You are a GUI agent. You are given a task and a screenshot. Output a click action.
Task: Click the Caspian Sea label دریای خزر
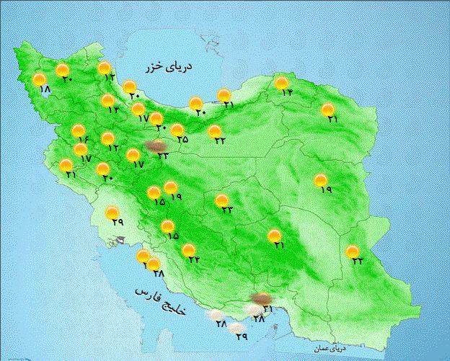tap(171, 66)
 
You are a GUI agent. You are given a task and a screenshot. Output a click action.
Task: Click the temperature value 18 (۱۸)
tap(44, 90)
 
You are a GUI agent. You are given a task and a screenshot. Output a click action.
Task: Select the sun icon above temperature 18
tap(40, 79)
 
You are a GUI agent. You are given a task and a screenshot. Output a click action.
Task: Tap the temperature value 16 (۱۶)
tap(81, 139)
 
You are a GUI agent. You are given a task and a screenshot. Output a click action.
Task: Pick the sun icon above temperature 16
tap(78, 131)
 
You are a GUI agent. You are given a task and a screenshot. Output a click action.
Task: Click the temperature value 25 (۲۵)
tap(182, 140)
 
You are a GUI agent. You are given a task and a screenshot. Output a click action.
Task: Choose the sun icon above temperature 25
tap(177, 130)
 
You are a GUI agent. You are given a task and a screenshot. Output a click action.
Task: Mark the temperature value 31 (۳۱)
tap(268, 309)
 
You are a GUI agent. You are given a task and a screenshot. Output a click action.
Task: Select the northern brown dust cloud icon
tap(154, 146)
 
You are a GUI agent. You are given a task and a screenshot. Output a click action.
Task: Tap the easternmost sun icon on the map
tap(352, 251)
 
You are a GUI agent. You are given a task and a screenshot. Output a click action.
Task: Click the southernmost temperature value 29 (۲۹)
tap(242, 337)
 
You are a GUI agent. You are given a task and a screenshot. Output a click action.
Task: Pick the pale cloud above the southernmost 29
tap(237, 328)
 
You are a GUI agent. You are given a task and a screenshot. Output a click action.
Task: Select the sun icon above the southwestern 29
tap(112, 213)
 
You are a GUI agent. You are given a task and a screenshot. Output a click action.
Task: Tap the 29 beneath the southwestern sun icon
tap(118, 223)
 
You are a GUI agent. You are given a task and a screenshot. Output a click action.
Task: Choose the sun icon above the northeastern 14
tap(281, 83)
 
